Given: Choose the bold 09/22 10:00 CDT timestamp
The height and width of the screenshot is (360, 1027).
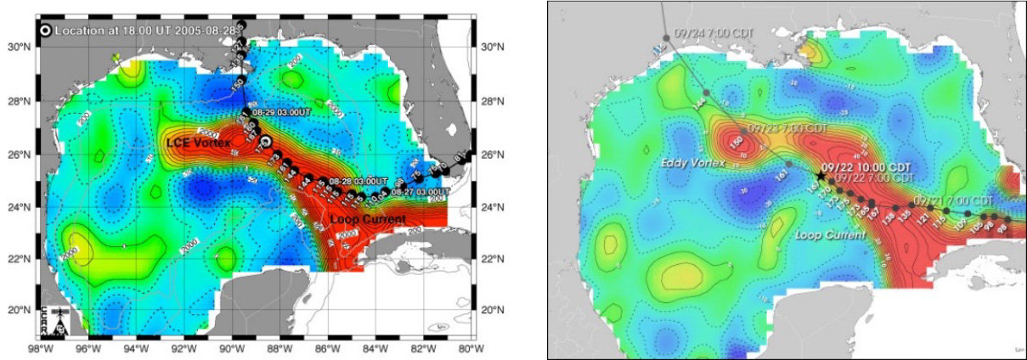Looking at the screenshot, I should [868, 167].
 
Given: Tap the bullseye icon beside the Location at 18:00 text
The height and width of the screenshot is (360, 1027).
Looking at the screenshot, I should [44, 30].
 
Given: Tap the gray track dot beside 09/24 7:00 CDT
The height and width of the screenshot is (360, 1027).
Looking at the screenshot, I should [667, 37].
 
